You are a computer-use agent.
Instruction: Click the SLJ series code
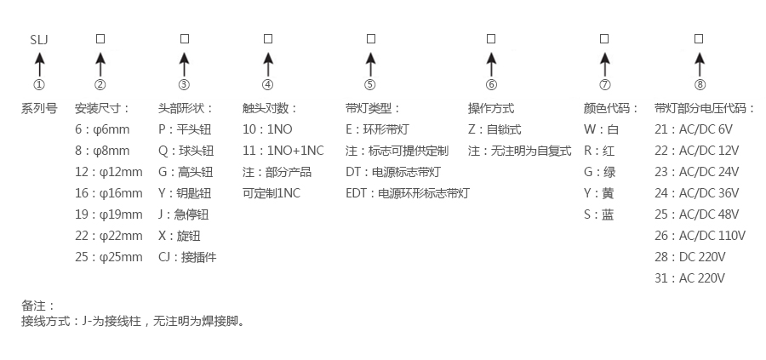pos(38,40)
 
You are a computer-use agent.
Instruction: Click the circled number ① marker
pos(38,85)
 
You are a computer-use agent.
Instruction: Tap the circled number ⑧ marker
pos(699,85)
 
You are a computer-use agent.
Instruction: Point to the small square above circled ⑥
pos(491,39)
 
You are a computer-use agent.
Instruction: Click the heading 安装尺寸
pos(102,108)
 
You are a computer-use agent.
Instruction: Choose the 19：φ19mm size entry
pos(109,214)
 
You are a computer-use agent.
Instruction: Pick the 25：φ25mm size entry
pos(109,257)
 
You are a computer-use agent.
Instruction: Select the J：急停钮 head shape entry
pos(183,214)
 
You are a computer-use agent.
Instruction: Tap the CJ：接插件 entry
pos(187,257)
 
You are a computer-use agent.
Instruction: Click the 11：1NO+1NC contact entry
pos(283,151)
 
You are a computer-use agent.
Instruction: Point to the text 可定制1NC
pos(271,193)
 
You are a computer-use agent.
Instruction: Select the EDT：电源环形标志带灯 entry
pos(407,193)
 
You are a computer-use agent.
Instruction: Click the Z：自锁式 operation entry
pos(494,129)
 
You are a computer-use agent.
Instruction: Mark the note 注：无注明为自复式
pos(519,151)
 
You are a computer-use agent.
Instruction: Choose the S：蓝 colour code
pos(598,214)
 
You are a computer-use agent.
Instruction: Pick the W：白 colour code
pos(601,129)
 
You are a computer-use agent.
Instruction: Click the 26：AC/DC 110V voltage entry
pos(700,236)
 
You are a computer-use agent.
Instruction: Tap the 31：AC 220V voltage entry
pos(690,278)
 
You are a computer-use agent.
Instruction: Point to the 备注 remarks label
pos(37,305)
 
